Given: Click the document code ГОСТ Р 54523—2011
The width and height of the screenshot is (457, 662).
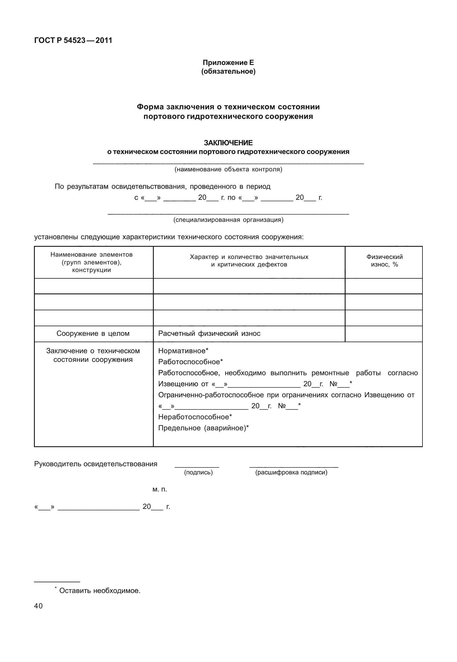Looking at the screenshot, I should (73, 41).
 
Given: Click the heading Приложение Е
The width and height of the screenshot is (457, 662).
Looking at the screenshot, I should (228, 63).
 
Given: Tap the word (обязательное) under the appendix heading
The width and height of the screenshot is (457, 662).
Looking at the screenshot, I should (228, 71).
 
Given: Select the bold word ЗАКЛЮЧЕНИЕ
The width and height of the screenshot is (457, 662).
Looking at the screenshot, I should (228, 143).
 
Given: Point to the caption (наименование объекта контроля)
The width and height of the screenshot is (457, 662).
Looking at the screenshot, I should (228, 169).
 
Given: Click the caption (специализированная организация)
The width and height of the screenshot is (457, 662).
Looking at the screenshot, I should (228, 220).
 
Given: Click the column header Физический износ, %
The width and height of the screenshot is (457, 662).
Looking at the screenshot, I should (384, 261).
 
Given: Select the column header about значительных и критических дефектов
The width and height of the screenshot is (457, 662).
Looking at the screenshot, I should (249, 261).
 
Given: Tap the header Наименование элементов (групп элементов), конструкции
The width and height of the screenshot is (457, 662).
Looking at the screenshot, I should (91, 262).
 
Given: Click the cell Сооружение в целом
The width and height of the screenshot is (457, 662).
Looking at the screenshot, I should (93, 333).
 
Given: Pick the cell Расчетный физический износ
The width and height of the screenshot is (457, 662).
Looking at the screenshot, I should (209, 333).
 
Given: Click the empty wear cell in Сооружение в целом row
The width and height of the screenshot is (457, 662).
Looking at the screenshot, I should (384, 333).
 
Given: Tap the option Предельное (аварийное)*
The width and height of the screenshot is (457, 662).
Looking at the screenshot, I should (203, 428).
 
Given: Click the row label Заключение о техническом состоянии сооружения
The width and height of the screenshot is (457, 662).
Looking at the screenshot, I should (93, 355).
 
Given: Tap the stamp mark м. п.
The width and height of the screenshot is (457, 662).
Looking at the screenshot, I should (160, 489).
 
